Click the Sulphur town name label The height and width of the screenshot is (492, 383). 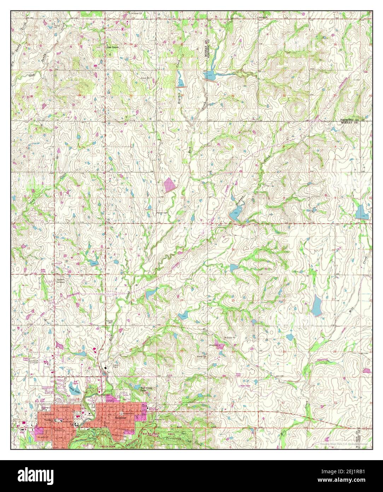pos(121,418)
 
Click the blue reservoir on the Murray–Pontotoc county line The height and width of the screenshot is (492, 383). pos(209,75)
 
